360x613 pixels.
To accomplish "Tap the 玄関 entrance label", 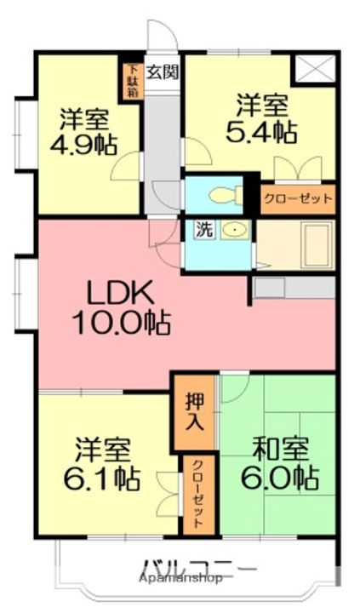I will [161, 72].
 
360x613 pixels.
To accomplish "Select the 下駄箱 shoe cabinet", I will [132, 82].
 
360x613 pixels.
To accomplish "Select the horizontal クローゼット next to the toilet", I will [297, 200].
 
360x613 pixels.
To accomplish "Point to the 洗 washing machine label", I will [205, 230].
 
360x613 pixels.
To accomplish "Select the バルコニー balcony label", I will [197, 566].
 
